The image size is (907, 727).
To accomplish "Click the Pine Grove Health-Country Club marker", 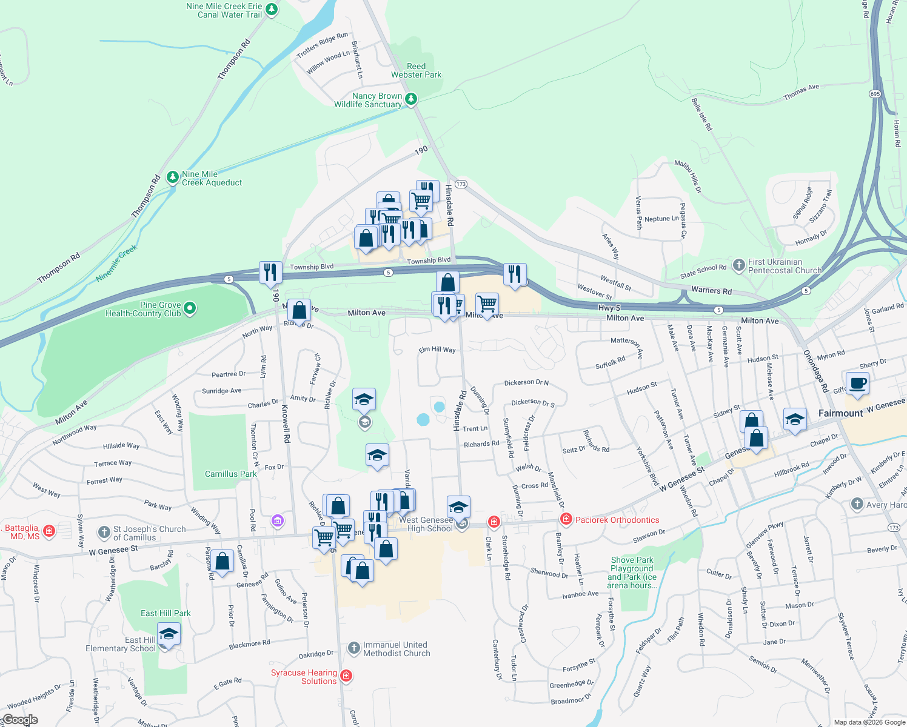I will click(x=190, y=309).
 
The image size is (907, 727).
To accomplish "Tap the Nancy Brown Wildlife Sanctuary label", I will click(x=369, y=101).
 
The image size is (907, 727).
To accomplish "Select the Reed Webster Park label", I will click(x=416, y=71).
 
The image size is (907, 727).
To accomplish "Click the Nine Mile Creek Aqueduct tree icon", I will click(x=173, y=177).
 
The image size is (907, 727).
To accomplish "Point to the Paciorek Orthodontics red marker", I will click(x=566, y=519).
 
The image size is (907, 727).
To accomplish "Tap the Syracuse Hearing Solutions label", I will click(x=304, y=677).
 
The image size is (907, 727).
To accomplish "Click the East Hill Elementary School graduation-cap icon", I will click(x=169, y=635).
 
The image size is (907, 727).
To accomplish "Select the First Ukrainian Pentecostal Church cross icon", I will click(x=738, y=265).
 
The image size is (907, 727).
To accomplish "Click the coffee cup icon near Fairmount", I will click(x=857, y=384).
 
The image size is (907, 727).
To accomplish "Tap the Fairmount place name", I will click(x=840, y=413).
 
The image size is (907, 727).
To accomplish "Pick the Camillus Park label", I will click(x=230, y=474).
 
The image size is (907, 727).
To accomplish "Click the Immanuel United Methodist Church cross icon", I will click(x=354, y=649).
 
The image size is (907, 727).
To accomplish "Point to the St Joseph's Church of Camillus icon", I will click(x=104, y=533).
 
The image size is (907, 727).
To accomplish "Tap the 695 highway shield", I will click(x=874, y=94).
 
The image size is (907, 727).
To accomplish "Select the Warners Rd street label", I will click(x=711, y=290).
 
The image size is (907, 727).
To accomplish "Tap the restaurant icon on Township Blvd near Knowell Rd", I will click(x=270, y=273).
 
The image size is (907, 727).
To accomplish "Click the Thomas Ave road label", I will click(x=801, y=92).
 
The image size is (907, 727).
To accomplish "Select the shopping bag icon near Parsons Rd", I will click(x=223, y=561).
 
